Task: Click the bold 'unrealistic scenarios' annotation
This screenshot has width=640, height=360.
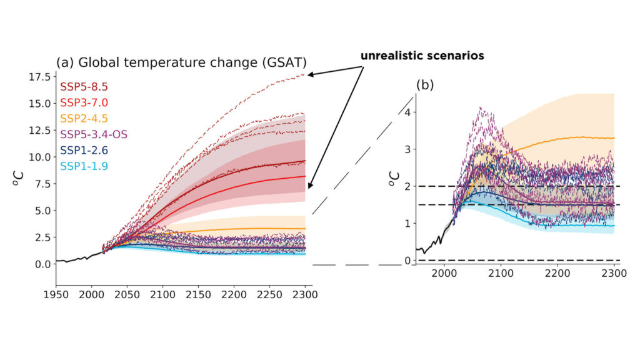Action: click(x=422, y=56)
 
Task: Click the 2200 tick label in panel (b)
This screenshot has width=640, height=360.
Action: click(x=557, y=274)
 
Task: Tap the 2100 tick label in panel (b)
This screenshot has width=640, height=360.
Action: click(x=500, y=274)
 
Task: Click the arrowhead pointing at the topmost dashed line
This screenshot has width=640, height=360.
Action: click(x=311, y=74)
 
